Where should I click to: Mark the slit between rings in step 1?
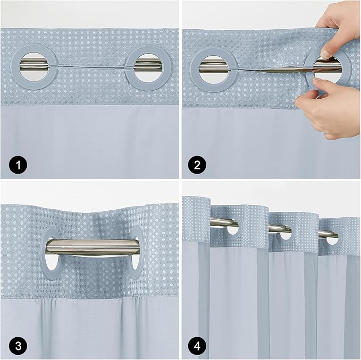(x=90, y=67)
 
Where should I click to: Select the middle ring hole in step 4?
(x=286, y=233)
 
